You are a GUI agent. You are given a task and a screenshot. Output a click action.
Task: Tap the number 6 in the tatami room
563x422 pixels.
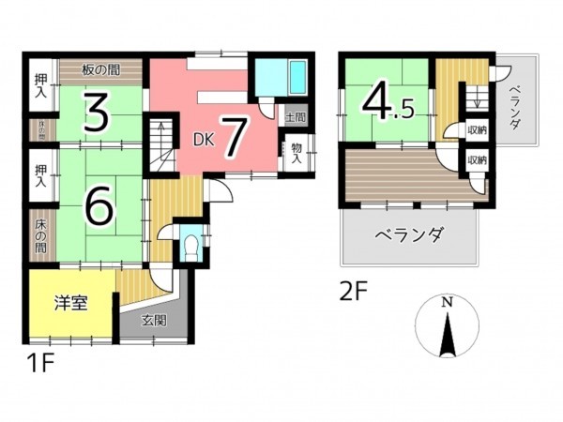tap(99, 205)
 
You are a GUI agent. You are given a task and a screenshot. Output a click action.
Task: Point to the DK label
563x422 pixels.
tap(204, 140)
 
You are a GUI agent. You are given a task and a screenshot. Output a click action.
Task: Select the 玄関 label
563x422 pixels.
tap(154, 321)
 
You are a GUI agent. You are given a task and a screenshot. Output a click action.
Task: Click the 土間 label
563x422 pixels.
tap(296, 117)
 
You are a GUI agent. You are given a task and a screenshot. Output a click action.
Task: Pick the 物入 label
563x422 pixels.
tap(296, 151)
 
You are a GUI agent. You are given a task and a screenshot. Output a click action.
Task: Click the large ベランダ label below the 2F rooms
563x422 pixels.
tap(408, 234)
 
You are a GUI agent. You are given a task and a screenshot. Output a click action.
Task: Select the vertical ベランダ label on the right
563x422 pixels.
tap(515, 105)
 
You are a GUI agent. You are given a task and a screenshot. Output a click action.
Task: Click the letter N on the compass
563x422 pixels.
tap(448, 302)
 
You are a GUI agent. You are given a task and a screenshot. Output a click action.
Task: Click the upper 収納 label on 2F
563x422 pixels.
tap(476, 130)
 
